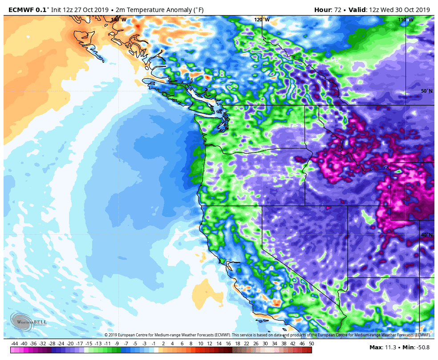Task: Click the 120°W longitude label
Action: (262, 20)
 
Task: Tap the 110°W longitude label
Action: (405, 20)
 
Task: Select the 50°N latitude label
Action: (426, 91)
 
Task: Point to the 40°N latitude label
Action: (426, 235)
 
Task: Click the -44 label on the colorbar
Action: (14, 344)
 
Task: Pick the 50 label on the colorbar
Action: (311, 344)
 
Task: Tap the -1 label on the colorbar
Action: (154, 344)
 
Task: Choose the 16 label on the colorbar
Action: (228, 344)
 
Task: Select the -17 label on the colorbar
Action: (79, 344)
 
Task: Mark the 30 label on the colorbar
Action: (265, 344)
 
